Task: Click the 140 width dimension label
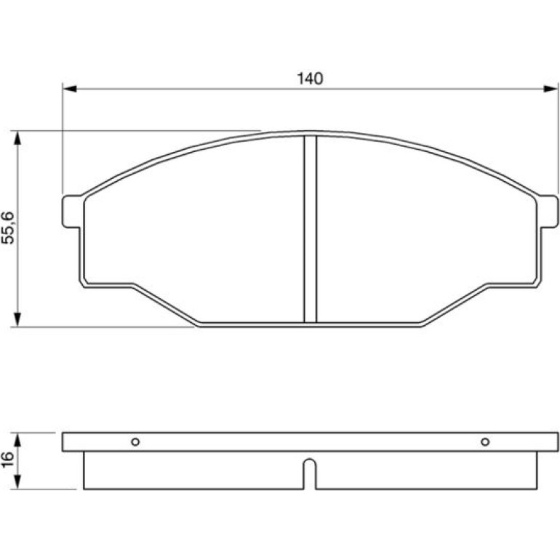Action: [310, 79]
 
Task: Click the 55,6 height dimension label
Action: [8, 228]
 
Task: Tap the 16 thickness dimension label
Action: [8, 460]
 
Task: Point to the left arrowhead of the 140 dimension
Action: [70, 89]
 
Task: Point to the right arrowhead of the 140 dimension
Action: [551, 89]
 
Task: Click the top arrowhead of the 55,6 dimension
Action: [17, 138]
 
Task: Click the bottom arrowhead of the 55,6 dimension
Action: [17, 319]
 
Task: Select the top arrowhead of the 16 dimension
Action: [17, 440]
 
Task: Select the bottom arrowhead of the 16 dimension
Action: [17, 482]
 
